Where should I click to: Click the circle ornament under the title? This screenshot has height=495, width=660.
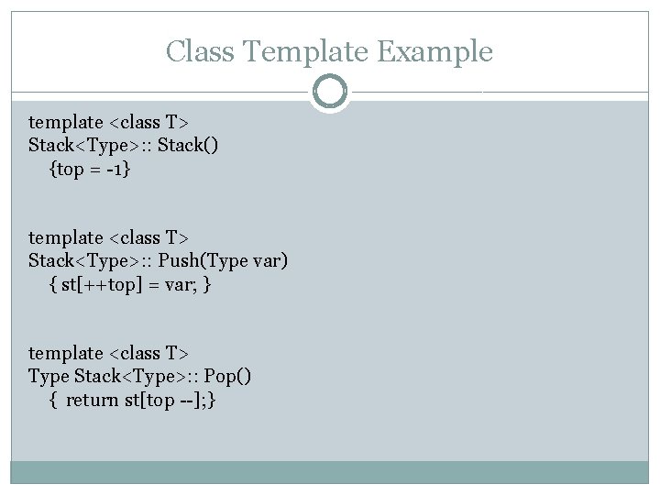pos(330,92)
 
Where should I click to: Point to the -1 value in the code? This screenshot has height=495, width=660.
pos(115,170)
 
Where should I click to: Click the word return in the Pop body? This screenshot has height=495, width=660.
pos(93,401)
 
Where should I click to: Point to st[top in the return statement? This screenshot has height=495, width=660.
pos(148,401)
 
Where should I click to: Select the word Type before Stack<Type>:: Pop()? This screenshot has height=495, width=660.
pos(49,377)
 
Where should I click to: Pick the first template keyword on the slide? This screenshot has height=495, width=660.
pos(66,122)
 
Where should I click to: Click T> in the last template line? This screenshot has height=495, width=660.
pos(177,353)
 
